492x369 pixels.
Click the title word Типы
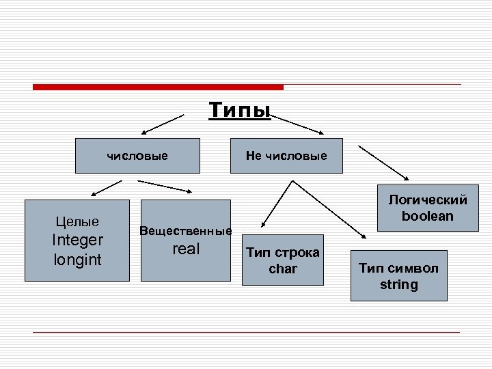point(240,109)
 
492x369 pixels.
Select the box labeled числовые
point(137,156)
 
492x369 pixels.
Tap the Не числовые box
point(286,156)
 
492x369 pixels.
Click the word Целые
point(77,221)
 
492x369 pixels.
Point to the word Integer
point(77,240)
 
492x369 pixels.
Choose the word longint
point(77,260)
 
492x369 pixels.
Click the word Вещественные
point(186,230)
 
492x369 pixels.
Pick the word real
point(186,249)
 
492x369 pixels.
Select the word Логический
point(428,200)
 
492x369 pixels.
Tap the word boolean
point(428,216)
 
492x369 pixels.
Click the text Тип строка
point(283,253)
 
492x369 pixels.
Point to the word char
point(283,269)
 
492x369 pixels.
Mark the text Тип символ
point(399,268)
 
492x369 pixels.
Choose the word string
point(399,284)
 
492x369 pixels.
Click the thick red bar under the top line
point(158,87)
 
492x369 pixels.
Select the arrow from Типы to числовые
point(164,123)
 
